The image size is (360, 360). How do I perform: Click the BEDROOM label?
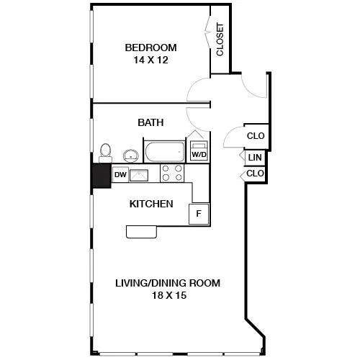tap(150, 48)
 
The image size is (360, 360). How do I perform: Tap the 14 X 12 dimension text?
tap(150, 60)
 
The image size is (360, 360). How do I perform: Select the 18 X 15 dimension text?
tap(169, 295)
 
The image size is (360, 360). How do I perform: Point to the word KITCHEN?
tap(151, 204)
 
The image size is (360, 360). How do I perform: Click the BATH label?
tap(150, 122)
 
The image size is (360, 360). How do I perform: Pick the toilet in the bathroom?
tap(105, 153)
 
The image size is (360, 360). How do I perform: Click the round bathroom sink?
tap(131, 156)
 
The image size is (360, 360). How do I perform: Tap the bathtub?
tap(164, 152)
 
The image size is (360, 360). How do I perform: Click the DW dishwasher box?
tap(120, 175)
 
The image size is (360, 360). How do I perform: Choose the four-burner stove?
tap(172, 173)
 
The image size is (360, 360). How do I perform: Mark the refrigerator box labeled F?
tap(199, 214)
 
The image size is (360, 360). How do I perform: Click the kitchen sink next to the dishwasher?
tap(139, 175)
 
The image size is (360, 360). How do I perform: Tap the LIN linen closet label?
tap(255, 158)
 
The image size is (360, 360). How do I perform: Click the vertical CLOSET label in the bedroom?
tap(220, 40)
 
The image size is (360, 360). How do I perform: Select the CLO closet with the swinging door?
tap(256, 136)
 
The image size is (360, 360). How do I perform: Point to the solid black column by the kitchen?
tap(102, 176)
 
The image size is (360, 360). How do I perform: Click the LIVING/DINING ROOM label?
tap(168, 283)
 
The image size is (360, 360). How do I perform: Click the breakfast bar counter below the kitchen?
tap(142, 232)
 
